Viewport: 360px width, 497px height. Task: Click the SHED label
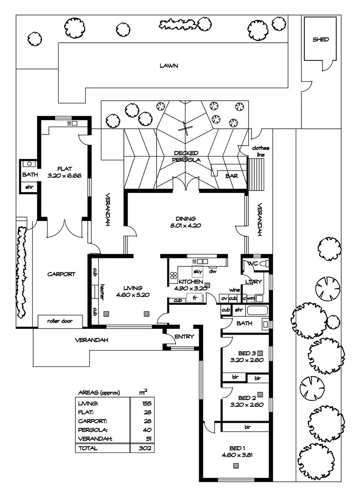(x=321, y=39)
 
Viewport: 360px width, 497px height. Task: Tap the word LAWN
(x=169, y=66)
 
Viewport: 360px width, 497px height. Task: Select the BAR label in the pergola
(x=231, y=176)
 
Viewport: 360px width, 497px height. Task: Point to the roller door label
(x=60, y=321)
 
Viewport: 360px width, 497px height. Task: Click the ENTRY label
(x=184, y=337)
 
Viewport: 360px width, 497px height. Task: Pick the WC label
(x=253, y=264)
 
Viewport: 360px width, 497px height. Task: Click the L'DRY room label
(x=253, y=281)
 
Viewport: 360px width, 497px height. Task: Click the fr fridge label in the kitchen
(x=195, y=298)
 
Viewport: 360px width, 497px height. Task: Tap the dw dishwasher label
(x=213, y=272)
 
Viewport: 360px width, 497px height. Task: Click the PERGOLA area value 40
(x=147, y=430)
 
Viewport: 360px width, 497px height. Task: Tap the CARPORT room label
(x=61, y=274)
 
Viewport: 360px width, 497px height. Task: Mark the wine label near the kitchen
(x=234, y=290)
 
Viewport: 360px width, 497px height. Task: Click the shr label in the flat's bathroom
(x=28, y=187)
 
